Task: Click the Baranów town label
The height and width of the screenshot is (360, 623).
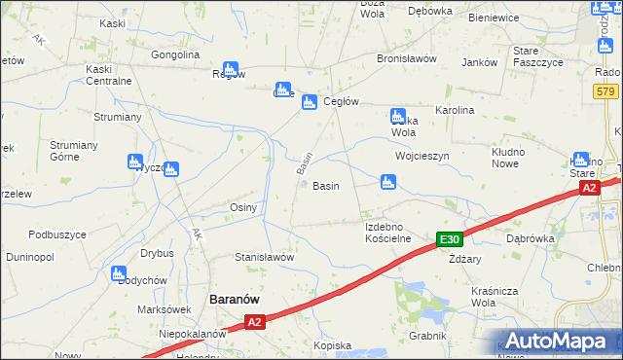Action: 234,301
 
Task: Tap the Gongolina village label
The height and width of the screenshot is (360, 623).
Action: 175,54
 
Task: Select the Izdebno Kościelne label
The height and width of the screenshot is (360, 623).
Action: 387,232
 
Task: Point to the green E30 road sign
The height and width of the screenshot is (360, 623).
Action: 449,240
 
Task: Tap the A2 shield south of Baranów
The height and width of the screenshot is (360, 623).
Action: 254,321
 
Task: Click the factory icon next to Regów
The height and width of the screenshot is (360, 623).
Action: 231,70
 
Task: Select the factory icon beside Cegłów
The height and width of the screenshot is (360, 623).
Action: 309,102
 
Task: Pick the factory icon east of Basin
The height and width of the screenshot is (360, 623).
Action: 388,181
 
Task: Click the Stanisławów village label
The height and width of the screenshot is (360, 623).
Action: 265,257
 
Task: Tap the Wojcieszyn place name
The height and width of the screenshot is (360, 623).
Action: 421,156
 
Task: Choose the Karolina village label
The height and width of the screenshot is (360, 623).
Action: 455,111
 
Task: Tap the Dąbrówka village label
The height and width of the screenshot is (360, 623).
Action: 531,237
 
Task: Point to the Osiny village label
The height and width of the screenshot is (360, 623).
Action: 242,207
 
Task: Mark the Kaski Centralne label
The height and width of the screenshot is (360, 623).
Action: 108,75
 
